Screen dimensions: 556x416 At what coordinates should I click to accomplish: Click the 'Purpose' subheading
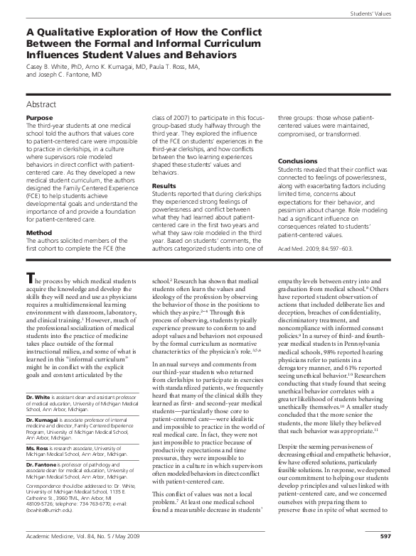[39, 117]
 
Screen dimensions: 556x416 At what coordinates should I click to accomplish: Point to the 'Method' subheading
[38, 232]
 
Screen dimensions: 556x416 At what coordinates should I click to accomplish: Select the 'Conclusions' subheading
[299, 161]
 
